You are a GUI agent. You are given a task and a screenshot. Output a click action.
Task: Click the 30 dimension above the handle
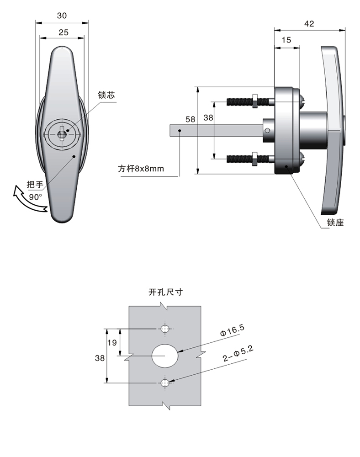[x=62, y=15]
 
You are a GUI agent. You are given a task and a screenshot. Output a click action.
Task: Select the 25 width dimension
[x=64, y=32]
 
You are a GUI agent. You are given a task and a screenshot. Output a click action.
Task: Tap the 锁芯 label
[x=106, y=96]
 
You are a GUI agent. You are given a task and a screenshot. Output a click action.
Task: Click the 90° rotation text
[x=35, y=197]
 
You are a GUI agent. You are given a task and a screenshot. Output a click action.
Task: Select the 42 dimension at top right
[x=309, y=24]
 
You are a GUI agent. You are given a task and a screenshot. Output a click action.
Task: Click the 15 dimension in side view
[x=286, y=40]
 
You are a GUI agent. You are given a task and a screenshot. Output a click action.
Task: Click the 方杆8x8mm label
[x=141, y=169]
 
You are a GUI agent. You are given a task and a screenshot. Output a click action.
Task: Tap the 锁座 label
[x=335, y=223]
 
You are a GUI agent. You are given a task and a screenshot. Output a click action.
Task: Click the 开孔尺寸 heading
[x=165, y=292]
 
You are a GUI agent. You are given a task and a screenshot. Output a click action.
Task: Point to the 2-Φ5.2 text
[x=238, y=355]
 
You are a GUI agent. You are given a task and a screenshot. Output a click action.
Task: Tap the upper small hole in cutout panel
[x=165, y=329]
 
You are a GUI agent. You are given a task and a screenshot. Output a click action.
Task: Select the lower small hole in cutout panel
[x=165, y=383]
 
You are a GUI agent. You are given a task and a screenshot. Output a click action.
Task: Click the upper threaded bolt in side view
[x=247, y=101]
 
